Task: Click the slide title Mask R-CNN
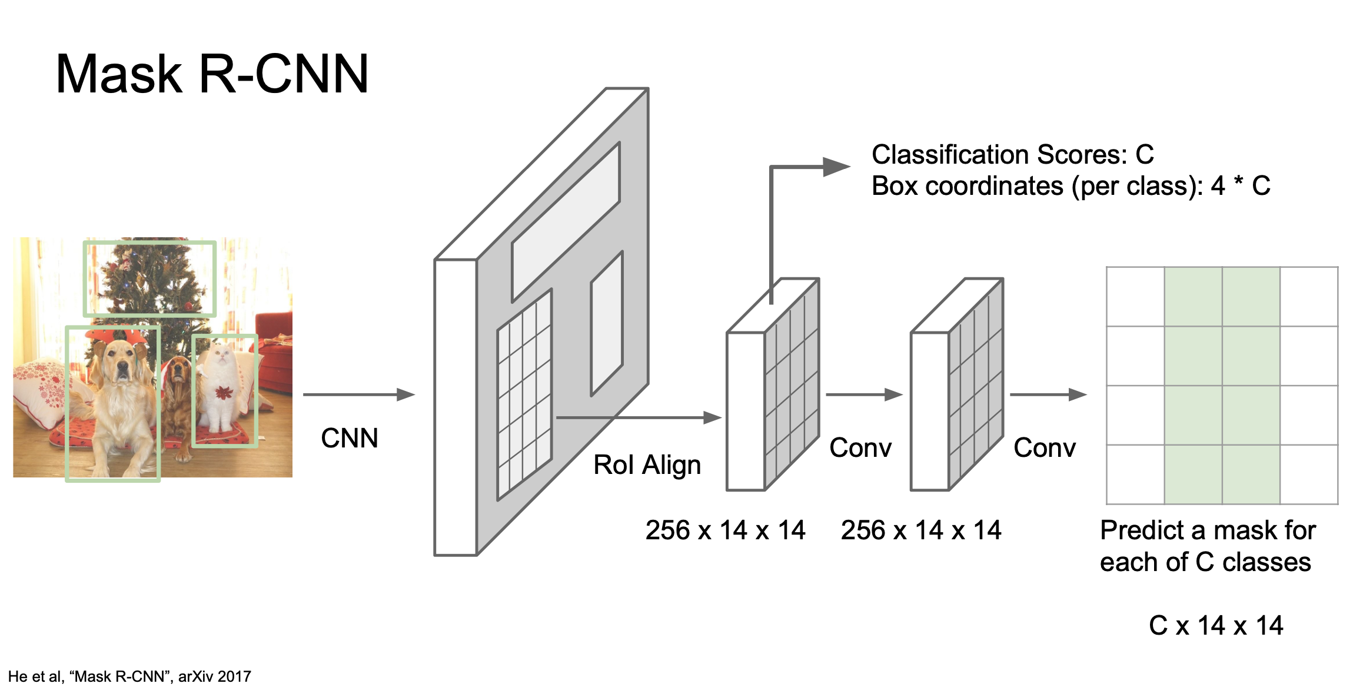(x=212, y=74)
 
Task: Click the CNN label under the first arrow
(x=349, y=439)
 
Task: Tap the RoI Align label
(x=647, y=465)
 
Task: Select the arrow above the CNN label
(x=358, y=394)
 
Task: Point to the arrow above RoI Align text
(x=639, y=417)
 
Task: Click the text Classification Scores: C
(x=1012, y=155)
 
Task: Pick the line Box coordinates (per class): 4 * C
(x=1071, y=187)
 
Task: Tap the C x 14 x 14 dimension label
(x=1216, y=625)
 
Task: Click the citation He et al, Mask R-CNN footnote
(x=129, y=676)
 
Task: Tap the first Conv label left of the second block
(x=860, y=448)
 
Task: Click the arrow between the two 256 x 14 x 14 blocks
(x=864, y=394)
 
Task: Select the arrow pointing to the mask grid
(x=1048, y=394)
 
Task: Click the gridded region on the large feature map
(x=524, y=394)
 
